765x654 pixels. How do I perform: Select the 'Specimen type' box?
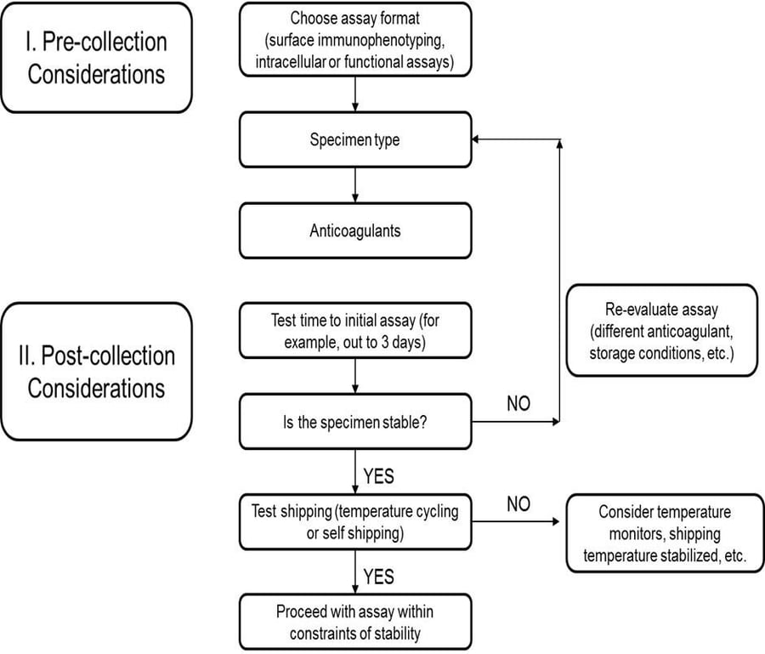point(355,140)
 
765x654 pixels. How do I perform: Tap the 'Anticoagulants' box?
point(355,230)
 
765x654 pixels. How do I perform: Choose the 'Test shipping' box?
point(355,522)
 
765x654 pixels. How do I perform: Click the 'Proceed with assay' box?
point(355,622)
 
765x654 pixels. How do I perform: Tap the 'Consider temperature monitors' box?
point(665,535)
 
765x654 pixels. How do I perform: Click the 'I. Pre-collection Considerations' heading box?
point(96,57)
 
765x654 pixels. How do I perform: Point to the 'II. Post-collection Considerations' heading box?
point(96,371)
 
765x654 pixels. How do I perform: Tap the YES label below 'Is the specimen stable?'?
point(378,475)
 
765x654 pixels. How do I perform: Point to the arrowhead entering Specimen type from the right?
point(479,140)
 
